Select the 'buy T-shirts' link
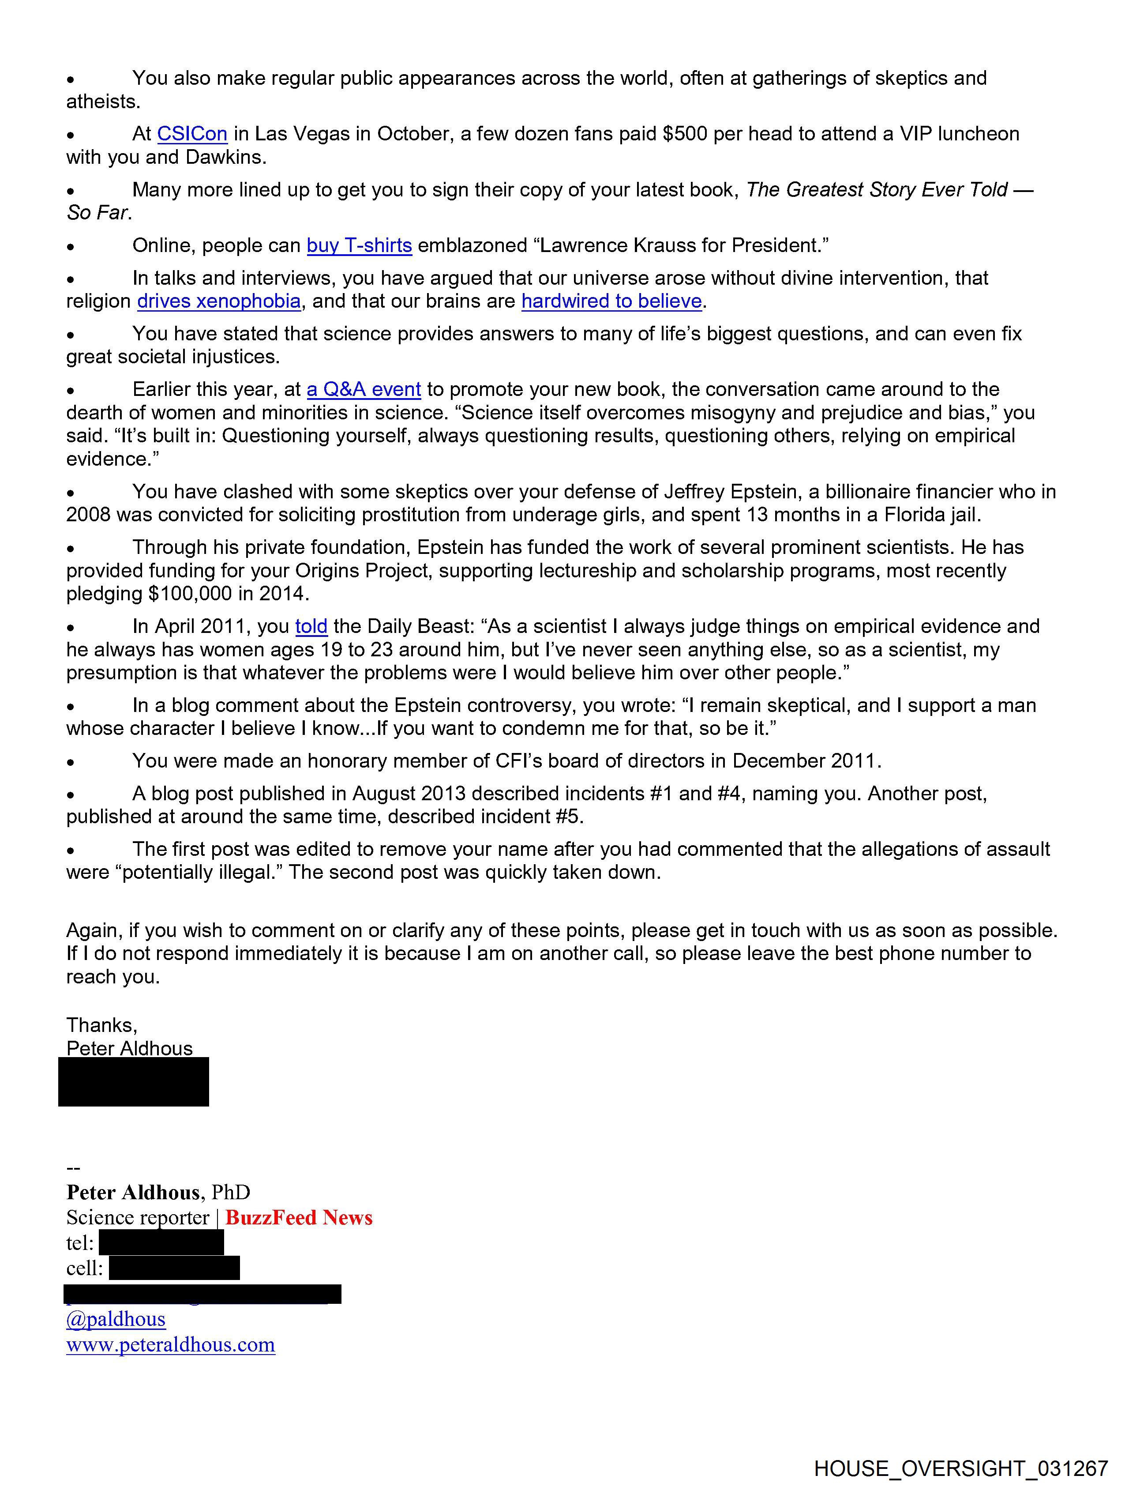(x=359, y=245)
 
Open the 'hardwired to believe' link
(x=611, y=301)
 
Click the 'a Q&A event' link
(x=364, y=389)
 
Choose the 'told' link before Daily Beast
(x=311, y=626)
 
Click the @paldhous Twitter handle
(x=116, y=1318)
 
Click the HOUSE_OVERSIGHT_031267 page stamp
(x=961, y=1468)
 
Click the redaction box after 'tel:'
(x=161, y=1242)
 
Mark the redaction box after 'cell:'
(x=174, y=1268)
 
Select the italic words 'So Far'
(x=97, y=213)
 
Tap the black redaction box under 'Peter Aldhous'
(x=134, y=1082)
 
